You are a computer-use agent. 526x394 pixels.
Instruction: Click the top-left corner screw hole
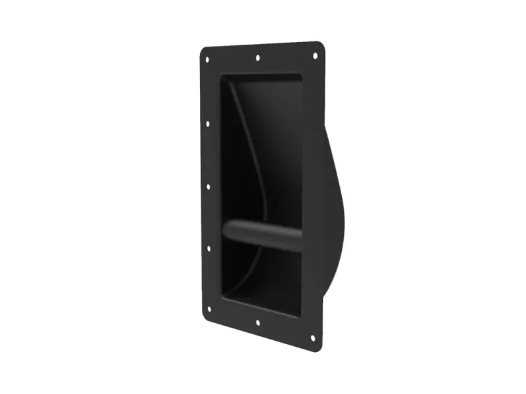click(207, 60)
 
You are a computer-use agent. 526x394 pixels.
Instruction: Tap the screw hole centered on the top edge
click(258, 57)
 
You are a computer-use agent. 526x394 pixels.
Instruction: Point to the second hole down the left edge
click(208, 123)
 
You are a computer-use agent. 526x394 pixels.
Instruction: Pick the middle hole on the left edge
click(208, 186)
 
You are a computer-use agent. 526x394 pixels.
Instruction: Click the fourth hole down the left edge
click(209, 249)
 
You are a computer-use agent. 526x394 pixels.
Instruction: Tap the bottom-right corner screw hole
click(313, 339)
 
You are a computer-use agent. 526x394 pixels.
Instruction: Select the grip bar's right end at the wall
click(300, 240)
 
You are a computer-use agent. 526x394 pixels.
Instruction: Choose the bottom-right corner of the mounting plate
click(322, 348)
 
